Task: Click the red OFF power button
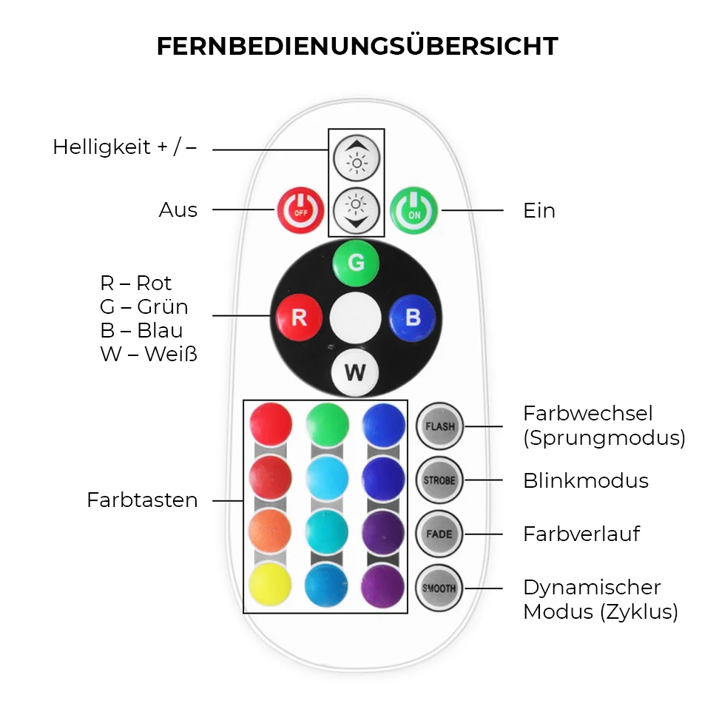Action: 300,210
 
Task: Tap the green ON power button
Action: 414,210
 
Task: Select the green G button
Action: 356,263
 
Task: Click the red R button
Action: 299,318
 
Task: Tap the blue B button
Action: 412,318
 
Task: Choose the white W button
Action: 355,372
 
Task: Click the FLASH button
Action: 439,426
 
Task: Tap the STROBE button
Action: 439,480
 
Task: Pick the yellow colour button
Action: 271,585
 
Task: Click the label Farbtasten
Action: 142,500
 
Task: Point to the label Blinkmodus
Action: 586,481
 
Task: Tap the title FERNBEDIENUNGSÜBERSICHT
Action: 357,47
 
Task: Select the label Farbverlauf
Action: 581,534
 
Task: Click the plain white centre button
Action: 355,318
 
